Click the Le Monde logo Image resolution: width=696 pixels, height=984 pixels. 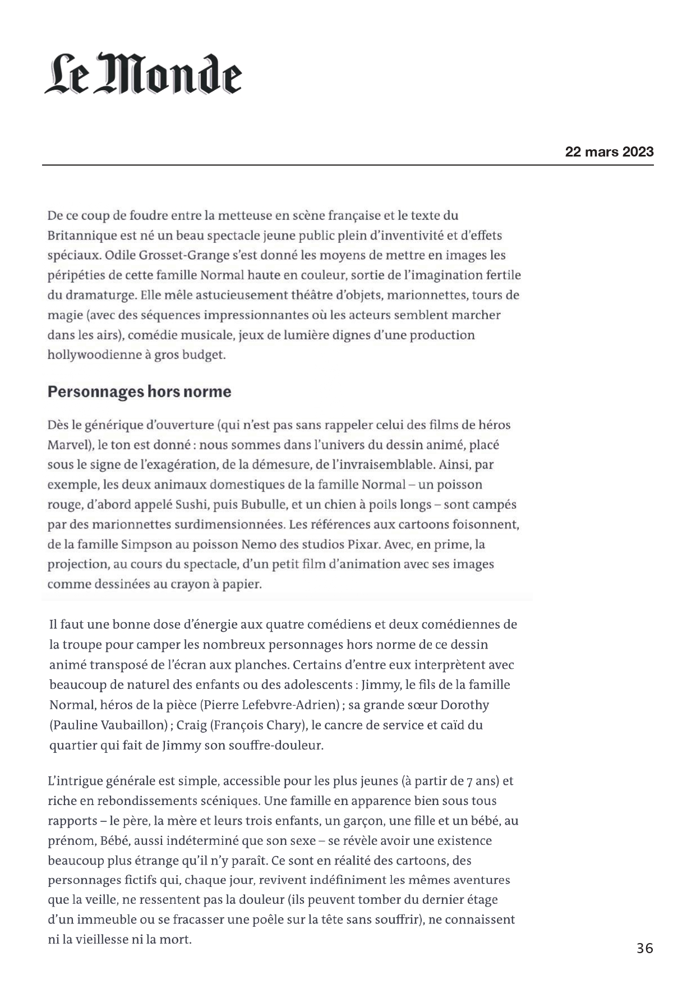pos(143,74)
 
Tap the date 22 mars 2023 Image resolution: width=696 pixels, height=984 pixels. pos(609,151)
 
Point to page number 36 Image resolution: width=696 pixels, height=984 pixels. pos(644,949)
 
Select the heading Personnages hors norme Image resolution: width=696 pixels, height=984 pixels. pos(139,392)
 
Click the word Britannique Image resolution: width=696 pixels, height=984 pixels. pos(82,236)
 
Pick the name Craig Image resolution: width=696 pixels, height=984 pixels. pos(191,725)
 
